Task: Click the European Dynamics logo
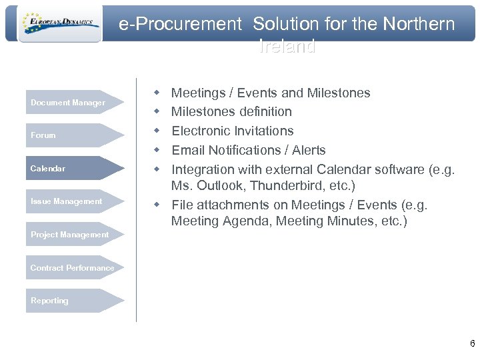click(59, 24)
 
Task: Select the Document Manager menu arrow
click(75, 103)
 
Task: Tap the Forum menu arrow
click(75, 135)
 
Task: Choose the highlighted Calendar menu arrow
click(75, 169)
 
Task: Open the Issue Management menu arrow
click(75, 201)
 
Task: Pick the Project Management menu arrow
click(75, 235)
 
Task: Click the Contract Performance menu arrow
click(75, 268)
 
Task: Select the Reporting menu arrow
click(75, 301)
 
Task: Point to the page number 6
click(472, 344)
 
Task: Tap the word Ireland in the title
click(287, 47)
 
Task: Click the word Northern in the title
click(419, 25)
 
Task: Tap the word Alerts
click(308, 150)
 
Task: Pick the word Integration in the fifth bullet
click(203, 169)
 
